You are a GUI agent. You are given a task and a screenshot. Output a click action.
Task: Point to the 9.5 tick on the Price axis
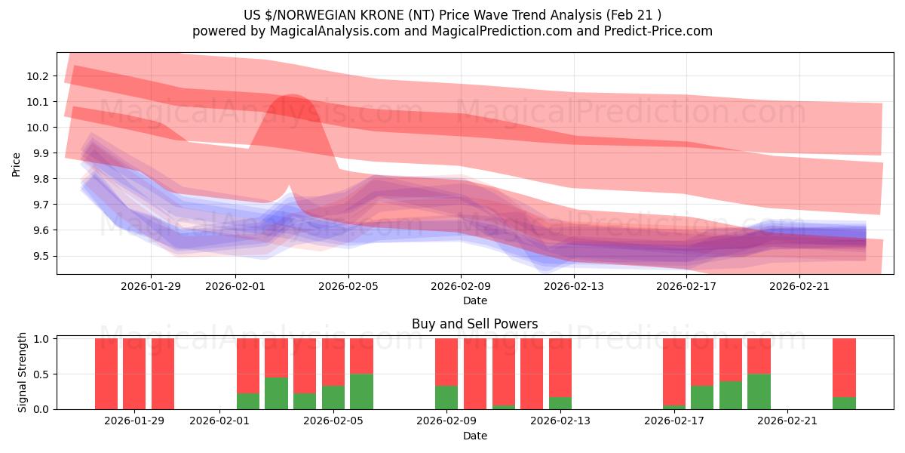point(39,256)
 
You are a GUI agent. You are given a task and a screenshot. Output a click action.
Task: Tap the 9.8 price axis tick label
point(39,179)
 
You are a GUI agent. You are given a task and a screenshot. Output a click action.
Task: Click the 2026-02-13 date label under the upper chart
point(574,286)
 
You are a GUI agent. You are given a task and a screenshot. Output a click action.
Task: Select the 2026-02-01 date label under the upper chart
point(235,286)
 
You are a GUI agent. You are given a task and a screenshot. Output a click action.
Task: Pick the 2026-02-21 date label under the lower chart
point(787,421)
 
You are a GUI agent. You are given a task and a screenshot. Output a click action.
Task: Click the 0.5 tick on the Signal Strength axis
point(41,374)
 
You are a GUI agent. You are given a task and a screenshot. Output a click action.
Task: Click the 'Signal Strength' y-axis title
point(23,373)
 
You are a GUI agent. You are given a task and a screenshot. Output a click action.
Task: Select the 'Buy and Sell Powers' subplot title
point(474,325)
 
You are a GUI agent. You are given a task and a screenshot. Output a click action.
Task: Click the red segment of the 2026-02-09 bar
point(446,361)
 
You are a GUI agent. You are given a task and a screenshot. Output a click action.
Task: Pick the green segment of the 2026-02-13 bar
point(560,403)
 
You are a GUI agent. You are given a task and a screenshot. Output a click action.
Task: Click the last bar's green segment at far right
point(844,403)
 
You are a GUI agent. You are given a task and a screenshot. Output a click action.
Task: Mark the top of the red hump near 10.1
point(287,97)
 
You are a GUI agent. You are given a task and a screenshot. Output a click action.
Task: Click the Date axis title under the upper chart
point(474,300)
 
